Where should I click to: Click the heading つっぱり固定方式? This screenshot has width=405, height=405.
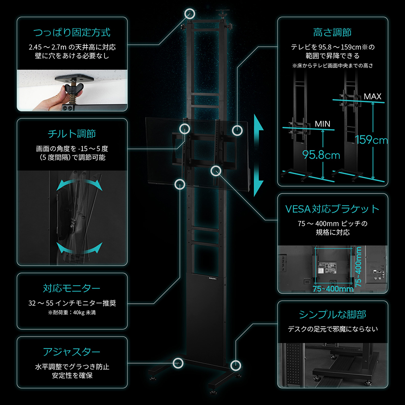tap(72, 33)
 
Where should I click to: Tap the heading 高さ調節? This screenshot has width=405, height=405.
tap(333, 33)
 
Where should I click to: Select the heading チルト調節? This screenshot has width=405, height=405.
tap(72, 134)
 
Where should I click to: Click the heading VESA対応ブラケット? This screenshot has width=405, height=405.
tap(333, 209)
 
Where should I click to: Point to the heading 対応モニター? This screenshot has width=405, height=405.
tap(72, 288)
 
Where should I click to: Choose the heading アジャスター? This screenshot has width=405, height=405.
tap(72, 352)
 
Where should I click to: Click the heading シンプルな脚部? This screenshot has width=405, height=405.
tap(333, 314)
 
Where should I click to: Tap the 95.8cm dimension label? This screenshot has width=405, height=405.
tap(321, 155)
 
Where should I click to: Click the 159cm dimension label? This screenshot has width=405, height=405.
tap(371, 140)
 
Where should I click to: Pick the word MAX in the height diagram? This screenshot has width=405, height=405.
tap(373, 96)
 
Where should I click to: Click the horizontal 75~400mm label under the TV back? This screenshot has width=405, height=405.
tap(333, 289)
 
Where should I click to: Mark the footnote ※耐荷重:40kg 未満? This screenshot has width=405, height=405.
tap(72, 312)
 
